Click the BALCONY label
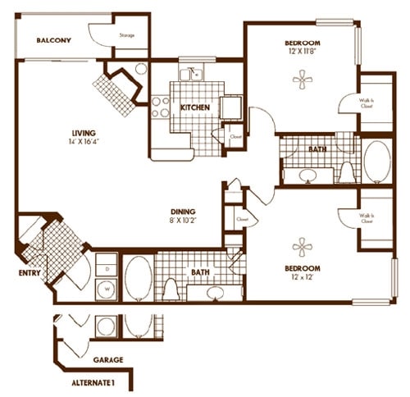pyautogui.click(x=54, y=39)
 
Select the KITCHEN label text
pyautogui.click(x=194, y=107)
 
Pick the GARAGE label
pyautogui.click(x=107, y=360)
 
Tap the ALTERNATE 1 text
pyautogui.click(x=93, y=382)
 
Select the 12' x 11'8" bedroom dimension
pyautogui.click(x=302, y=51)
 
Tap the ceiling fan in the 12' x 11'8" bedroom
pyautogui.click(x=302, y=80)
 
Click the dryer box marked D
pyautogui.click(x=107, y=267)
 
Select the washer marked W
pyautogui.click(x=107, y=289)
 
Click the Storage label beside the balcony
pyautogui.click(x=127, y=35)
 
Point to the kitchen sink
pyautogui.click(x=195, y=75)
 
